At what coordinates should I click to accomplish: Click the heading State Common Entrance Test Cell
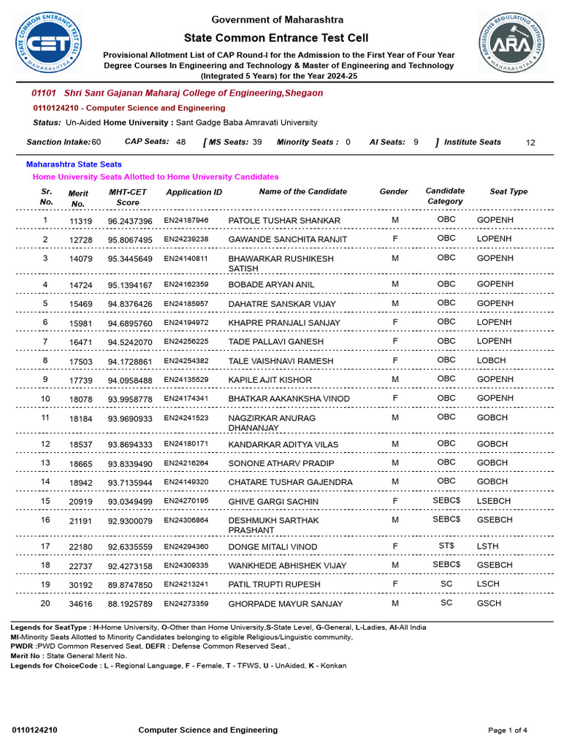[276, 38]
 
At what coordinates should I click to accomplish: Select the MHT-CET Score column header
[128, 197]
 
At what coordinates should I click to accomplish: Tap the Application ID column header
[194, 192]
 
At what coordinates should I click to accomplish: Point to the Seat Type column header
[508, 191]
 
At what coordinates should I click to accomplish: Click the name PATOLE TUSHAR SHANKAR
[284, 221]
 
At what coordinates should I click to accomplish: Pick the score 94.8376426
[130, 304]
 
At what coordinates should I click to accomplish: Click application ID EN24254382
[186, 361]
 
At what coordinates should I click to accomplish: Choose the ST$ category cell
[446, 546]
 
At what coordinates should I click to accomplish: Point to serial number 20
[45, 603]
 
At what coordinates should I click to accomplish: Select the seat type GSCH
[489, 603]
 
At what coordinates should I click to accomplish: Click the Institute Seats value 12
[530, 143]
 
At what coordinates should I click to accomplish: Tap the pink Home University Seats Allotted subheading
[156, 177]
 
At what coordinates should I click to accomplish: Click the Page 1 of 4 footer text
[507, 730]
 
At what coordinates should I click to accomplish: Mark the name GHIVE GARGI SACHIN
[273, 502]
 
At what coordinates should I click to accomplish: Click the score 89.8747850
[130, 585]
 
